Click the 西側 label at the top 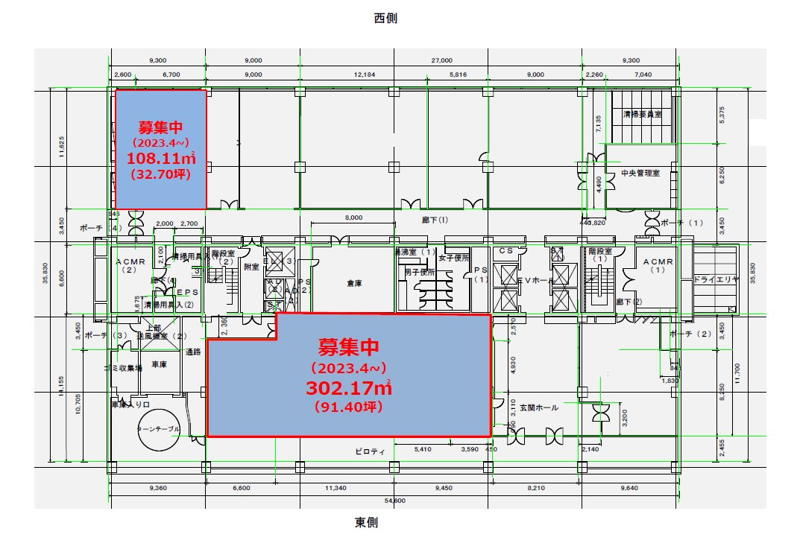pyautogui.click(x=385, y=19)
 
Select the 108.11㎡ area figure pyautogui.click(x=160, y=158)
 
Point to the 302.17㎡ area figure pyautogui.click(x=348, y=388)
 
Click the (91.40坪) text pyautogui.click(x=348, y=407)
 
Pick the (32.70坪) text pyautogui.click(x=160, y=175)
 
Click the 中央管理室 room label pyautogui.click(x=640, y=173)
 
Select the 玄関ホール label pyautogui.click(x=538, y=407)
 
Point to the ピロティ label pyautogui.click(x=370, y=451)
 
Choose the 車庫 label pyautogui.click(x=159, y=365)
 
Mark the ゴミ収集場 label pyautogui.click(x=123, y=368)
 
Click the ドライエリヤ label pyautogui.click(x=715, y=279)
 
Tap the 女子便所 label pyautogui.click(x=453, y=258)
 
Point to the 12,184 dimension pyautogui.click(x=364, y=74)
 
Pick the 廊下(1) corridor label pyautogui.click(x=433, y=220)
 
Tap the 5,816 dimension pyautogui.click(x=458, y=74)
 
